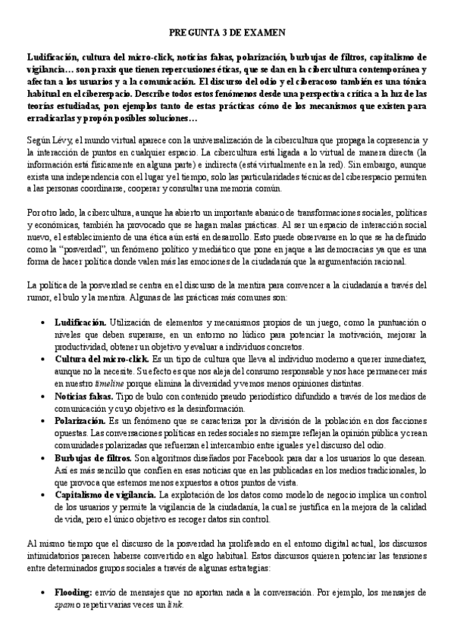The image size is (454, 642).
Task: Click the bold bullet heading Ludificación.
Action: pyautogui.click(x=81, y=323)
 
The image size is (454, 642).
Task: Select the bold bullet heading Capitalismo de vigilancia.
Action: pyautogui.click(x=106, y=494)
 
